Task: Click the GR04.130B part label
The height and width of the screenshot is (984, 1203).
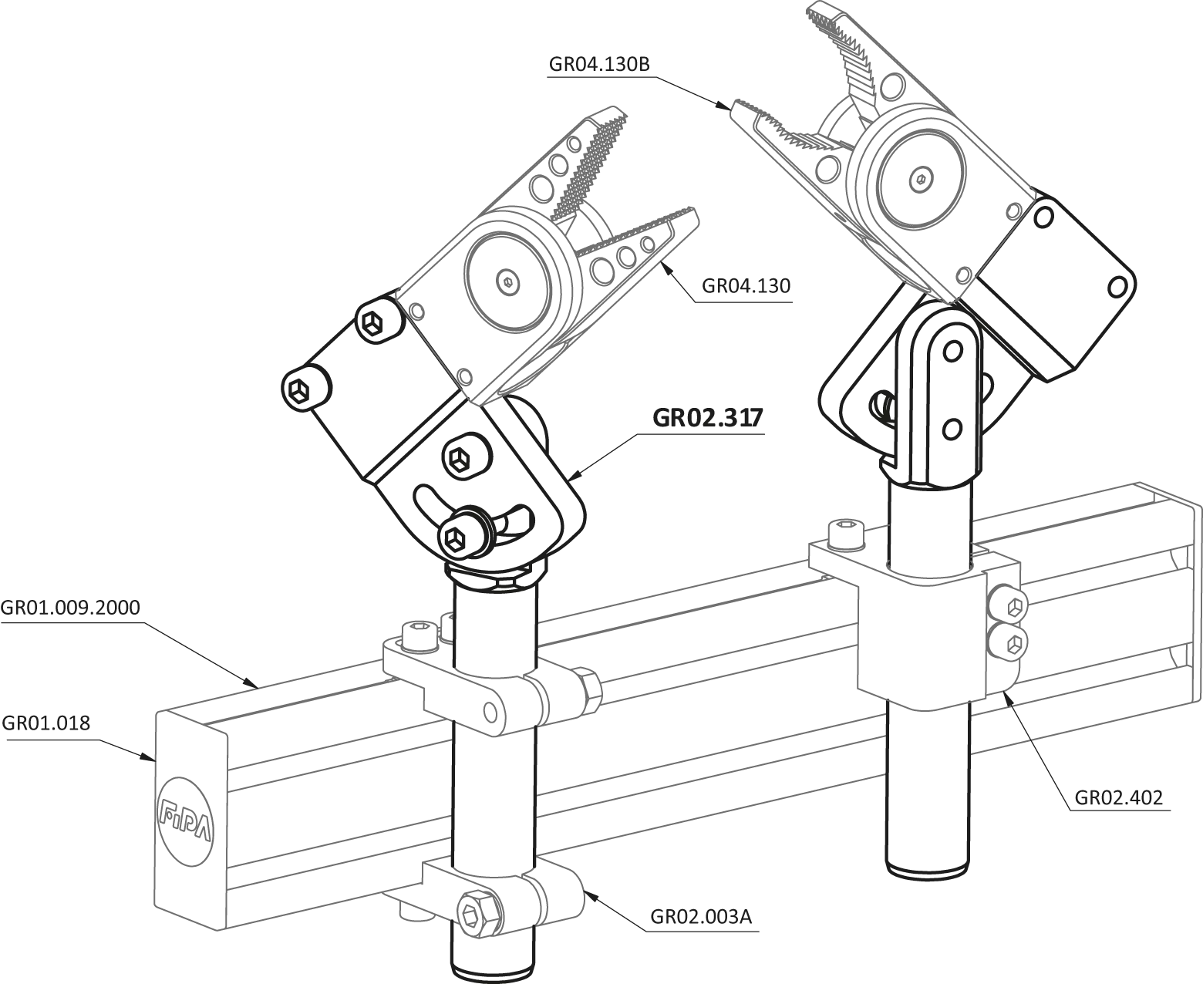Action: [599, 64]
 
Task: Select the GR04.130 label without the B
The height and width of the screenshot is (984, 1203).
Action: [746, 285]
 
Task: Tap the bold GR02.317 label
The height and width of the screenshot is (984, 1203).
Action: [707, 417]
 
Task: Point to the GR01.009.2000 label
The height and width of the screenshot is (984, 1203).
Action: [70, 608]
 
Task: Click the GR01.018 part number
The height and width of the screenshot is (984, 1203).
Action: [46, 723]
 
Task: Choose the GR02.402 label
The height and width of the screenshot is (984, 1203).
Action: [1119, 797]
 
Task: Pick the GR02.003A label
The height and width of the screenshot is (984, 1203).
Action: [701, 917]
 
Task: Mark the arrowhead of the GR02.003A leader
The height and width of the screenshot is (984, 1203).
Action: [591, 895]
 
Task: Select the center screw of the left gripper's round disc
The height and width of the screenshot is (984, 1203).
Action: [509, 281]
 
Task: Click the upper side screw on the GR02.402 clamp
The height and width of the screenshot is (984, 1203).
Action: [1009, 606]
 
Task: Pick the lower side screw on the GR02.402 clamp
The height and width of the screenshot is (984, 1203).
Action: [1009, 643]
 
